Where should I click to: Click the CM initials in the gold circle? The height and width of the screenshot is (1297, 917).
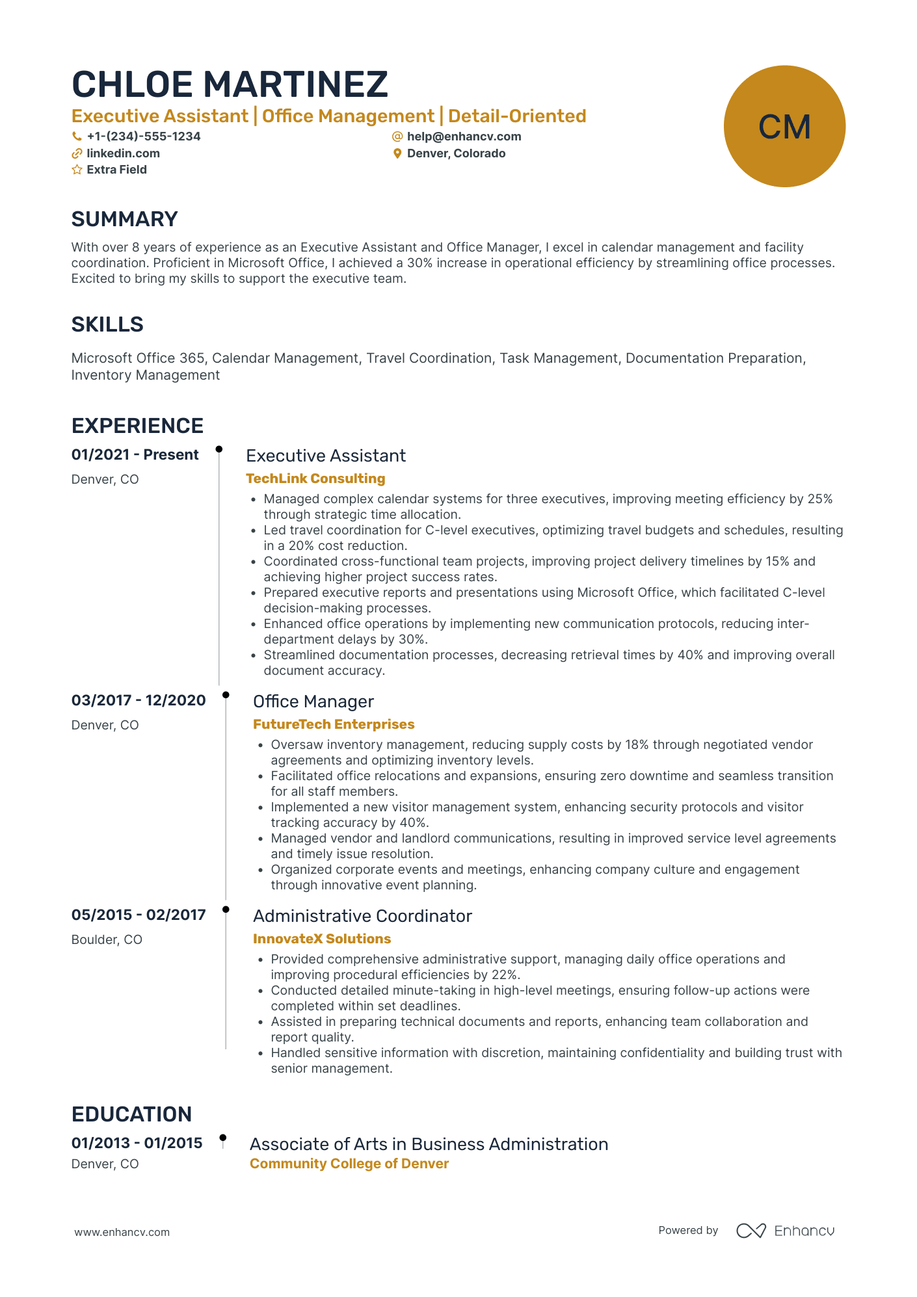(784, 127)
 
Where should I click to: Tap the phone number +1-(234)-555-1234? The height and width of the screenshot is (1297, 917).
(143, 137)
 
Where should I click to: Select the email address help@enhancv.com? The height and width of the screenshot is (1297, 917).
(464, 137)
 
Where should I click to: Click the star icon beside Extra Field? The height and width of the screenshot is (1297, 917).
(77, 170)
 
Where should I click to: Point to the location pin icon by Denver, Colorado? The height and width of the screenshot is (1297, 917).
(397, 154)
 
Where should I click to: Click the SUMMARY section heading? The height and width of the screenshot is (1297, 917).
(124, 219)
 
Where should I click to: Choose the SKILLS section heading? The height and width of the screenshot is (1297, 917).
(107, 324)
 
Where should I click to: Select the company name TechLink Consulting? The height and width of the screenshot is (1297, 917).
(315, 478)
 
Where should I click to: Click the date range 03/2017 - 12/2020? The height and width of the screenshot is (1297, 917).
(139, 700)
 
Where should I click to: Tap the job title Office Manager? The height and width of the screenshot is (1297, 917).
(313, 701)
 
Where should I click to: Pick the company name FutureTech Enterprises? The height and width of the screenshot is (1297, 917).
(333, 724)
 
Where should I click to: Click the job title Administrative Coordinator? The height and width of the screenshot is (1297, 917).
(362, 916)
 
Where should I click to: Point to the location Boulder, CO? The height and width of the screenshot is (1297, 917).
(107, 939)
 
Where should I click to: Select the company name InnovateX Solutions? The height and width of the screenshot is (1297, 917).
(321, 939)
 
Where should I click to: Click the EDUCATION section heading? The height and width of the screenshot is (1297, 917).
(131, 1114)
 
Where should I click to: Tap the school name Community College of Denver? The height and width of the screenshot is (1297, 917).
(349, 1164)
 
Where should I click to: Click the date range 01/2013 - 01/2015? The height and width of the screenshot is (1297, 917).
(137, 1143)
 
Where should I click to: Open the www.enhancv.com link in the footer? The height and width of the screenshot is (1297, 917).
(122, 1232)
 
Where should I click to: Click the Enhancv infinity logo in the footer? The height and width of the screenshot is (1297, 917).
(751, 1231)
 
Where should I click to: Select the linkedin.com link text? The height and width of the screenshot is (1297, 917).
(123, 153)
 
